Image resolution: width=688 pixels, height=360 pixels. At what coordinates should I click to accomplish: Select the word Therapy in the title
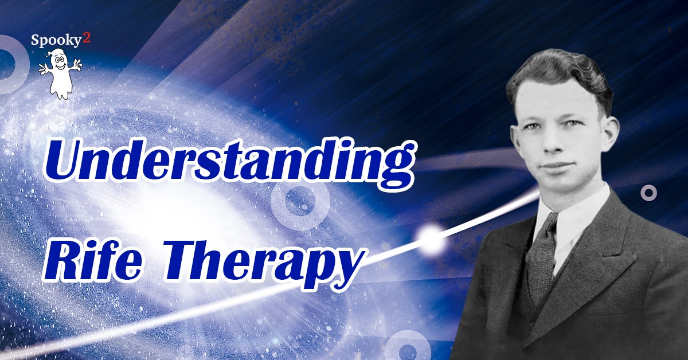(263, 264)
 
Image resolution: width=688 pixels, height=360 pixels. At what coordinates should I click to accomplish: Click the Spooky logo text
(55, 40)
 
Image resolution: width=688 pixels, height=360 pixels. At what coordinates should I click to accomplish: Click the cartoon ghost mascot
(60, 74)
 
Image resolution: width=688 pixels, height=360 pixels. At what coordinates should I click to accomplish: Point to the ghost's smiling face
(60, 63)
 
